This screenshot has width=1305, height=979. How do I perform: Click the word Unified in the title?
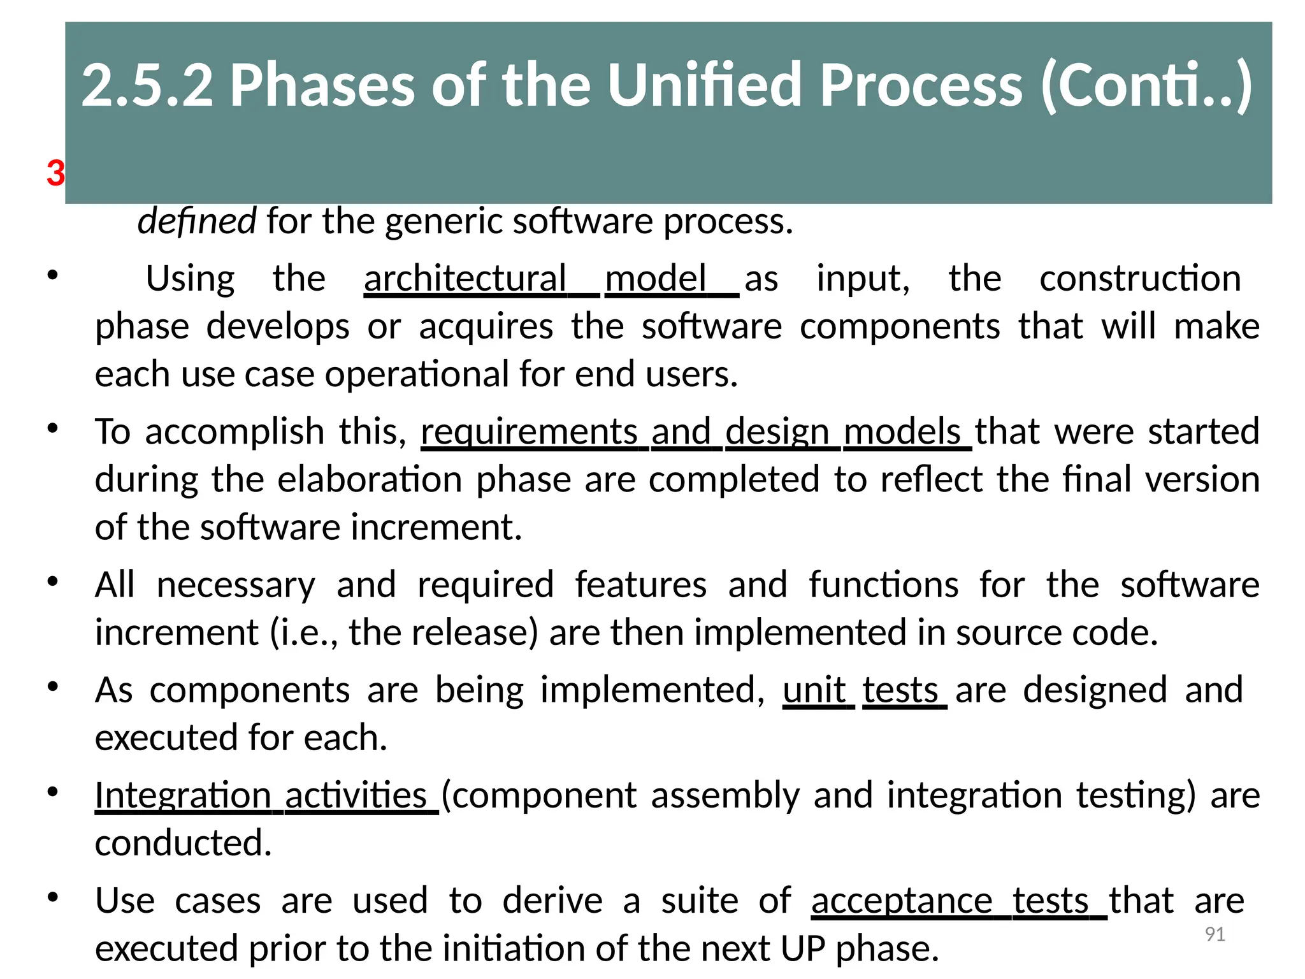coord(705,85)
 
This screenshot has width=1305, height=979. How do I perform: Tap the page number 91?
coord(1215,934)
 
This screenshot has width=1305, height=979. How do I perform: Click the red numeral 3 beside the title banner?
coord(55,173)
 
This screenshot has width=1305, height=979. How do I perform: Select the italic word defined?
coord(197,221)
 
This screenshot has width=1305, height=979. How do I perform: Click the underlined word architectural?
coord(465,279)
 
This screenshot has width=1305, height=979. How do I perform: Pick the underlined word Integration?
coord(183,795)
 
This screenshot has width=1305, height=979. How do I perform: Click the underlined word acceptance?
coord(901,901)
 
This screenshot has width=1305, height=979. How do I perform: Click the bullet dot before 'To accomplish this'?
coord(53,428)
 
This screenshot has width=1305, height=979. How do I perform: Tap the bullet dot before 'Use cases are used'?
coord(53,897)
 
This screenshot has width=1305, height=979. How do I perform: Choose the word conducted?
coord(184,843)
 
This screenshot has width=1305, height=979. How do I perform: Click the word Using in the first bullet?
coord(190,279)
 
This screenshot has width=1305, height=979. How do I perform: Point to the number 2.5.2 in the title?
coord(147,85)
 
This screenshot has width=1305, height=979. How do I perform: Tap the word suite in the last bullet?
coord(699,901)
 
